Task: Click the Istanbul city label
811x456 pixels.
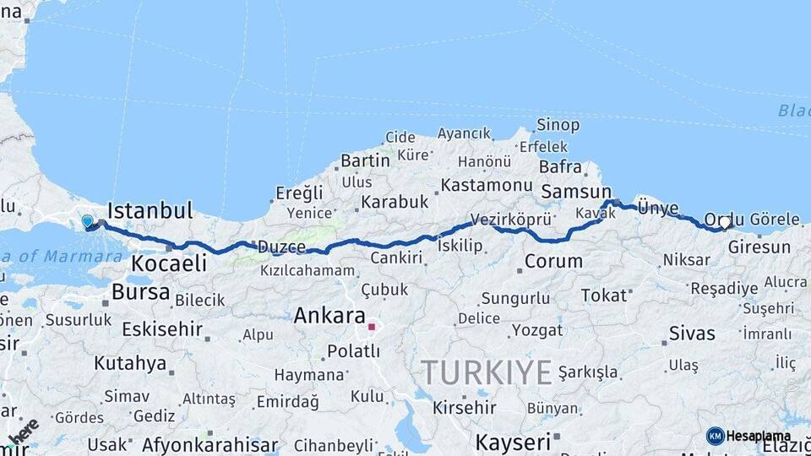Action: (150, 210)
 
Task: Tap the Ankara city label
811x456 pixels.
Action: (329, 317)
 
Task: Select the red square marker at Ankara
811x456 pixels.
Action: (372, 326)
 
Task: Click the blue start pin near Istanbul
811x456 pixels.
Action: (87, 222)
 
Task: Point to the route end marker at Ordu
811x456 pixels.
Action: (724, 224)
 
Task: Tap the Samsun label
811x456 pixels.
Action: (575, 192)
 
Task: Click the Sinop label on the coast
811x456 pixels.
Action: (558, 126)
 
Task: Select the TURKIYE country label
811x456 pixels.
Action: (487, 372)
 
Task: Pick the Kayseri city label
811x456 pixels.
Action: (512, 442)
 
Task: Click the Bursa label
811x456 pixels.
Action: (140, 293)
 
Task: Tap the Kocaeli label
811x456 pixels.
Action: (169, 263)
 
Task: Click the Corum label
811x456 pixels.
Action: (553, 262)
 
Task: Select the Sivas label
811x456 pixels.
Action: (692, 333)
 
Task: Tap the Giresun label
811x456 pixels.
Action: (759, 247)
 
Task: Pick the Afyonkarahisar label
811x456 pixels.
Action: (210, 445)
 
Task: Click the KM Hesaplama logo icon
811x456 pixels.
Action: (716, 436)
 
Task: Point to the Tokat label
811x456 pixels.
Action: (605, 296)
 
